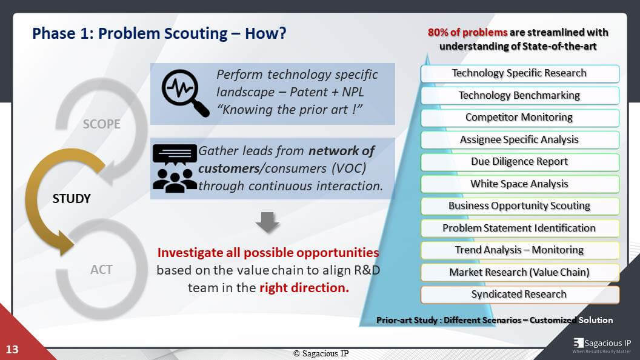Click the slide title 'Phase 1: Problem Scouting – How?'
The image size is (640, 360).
(x=159, y=33)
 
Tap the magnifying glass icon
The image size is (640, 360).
(x=184, y=92)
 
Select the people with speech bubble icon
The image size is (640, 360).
(x=175, y=168)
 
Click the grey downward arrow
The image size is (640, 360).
(x=267, y=222)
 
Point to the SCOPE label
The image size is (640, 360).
(x=101, y=124)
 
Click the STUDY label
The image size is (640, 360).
(x=72, y=199)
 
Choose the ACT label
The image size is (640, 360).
(x=101, y=269)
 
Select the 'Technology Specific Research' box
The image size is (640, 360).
(x=519, y=73)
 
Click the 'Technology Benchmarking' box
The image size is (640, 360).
(x=519, y=95)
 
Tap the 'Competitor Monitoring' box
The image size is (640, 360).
(x=519, y=118)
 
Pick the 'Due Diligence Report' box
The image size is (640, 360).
(x=519, y=162)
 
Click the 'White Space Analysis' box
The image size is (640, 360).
(x=519, y=184)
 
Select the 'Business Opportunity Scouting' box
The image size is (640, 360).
(x=519, y=206)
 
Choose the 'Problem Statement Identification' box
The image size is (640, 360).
(x=519, y=228)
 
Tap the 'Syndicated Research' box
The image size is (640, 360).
(x=519, y=295)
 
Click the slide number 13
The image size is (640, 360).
(x=12, y=349)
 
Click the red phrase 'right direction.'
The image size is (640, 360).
(x=304, y=287)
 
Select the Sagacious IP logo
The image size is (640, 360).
(x=601, y=345)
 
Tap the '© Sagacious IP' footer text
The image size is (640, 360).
(x=321, y=353)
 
